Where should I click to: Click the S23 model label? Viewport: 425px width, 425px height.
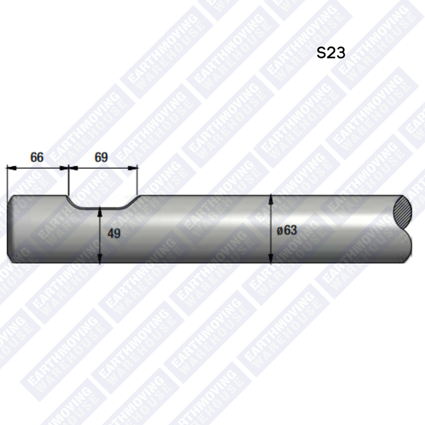coord(331,53)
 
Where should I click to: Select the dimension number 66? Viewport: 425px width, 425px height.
coord(37,158)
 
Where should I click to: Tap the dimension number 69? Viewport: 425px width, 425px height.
coord(101,158)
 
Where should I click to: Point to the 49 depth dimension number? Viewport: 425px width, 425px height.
coord(114,233)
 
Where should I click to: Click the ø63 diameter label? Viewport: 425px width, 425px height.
coord(287,230)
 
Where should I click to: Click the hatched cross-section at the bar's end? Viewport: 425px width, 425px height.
coord(402,212)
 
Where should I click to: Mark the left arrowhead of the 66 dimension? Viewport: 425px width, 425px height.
coord(11,168)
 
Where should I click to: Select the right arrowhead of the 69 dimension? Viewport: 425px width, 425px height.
coord(133,168)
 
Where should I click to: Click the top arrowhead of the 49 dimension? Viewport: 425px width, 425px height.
coord(100,212)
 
